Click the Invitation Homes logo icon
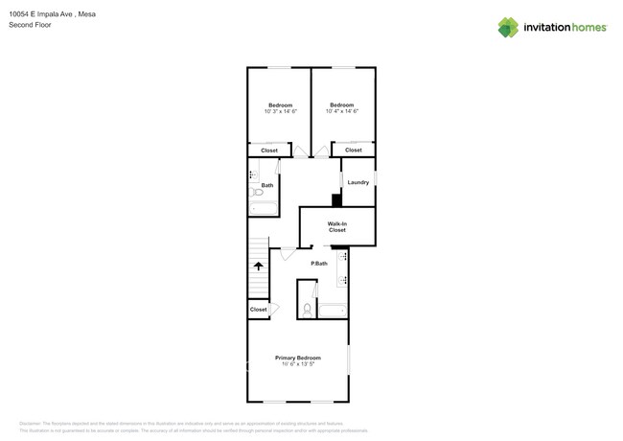click(x=508, y=27)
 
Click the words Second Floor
click(x=31, y=25)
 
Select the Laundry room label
click(x=358, y=182)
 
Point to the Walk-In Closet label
click(x=337, y=227)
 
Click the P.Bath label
click(x=319, y=263)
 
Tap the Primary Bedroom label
click(x=297, y=358)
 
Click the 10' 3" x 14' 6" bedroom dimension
click(x=280, y=112)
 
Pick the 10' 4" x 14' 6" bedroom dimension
click(x=342, y=111)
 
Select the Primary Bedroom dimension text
click(x=297, y=364)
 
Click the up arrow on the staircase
click(x=258, y=267)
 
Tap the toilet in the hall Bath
click(x=257, y=193)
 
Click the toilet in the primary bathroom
click(x=307, y=309)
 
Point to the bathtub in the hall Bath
click(x=264, y=207)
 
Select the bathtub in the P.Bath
click(x=333, y=310)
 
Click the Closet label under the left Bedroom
click(x=269, y=151)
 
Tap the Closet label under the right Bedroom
click(x=354, y=150)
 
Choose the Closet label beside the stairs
click(x=258, y=310)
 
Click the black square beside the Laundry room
click(x=336, y=199)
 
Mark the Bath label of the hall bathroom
click(x=267, y=185)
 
